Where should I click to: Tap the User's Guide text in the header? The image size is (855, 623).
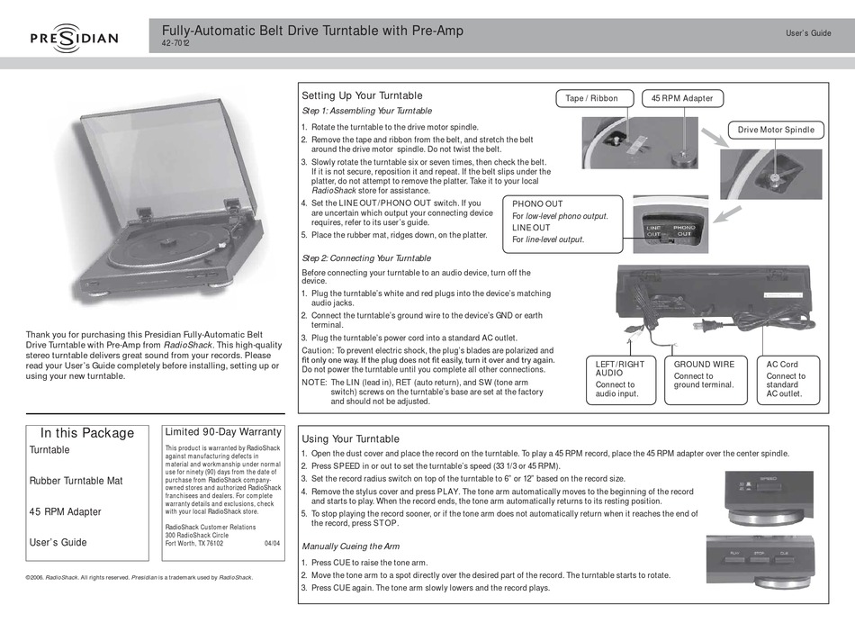pyautogui.click(x=808, y=33)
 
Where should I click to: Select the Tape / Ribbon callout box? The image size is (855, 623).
pyautogui.click(x=591, y=98)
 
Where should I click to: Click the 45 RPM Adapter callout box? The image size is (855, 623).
pyautogui.click(x=681, y=98)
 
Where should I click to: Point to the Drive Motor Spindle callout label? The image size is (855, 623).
pyautogui.click(x=776, y=130)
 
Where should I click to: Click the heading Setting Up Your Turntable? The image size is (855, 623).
pyautogui.click(x=361, y=95)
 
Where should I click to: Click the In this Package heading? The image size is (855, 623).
pyautogui.click(x=87, y=433)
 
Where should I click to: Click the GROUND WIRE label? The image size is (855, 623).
pyautogui.click(x=704, y=365)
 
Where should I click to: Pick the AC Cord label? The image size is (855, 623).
pyautogui.click(x=782, y=365)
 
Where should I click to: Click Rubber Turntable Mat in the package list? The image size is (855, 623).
pyautogui.click(x=76, y=481)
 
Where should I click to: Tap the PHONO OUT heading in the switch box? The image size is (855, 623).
pyautogui.click(x=537, y=204)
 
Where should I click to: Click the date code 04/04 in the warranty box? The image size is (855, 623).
pyautogui.click(x=273, y=544)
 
